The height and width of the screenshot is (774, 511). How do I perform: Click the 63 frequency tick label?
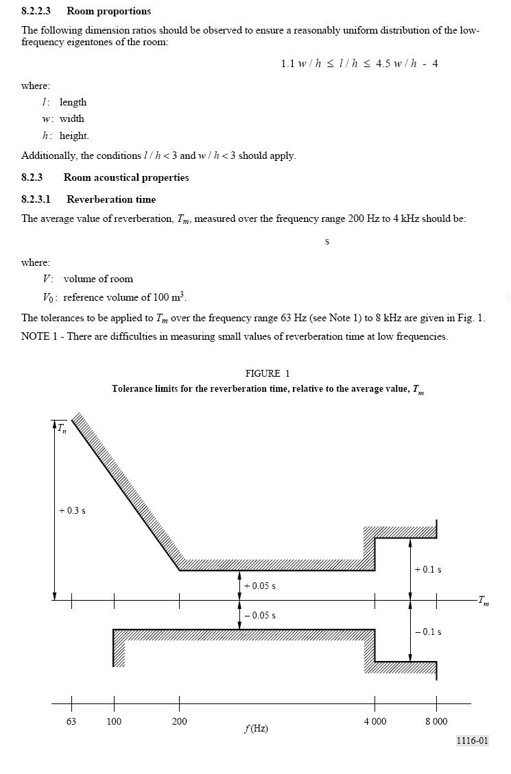[71, 721]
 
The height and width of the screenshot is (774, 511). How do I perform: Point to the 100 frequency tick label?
[114, 721]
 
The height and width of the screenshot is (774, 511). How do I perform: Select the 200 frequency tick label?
[179, 721]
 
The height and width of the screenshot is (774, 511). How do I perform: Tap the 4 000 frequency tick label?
[375, 721]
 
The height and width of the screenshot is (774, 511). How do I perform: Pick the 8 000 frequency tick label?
[436, 721]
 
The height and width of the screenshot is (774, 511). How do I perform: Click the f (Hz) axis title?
[256, 728]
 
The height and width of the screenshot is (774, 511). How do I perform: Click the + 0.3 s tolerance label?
[72, 511]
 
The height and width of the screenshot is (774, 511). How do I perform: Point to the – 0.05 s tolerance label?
[260, 615]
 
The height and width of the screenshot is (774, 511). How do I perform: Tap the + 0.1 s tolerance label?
[428, 569]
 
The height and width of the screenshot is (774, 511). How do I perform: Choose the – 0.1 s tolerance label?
[428, 632]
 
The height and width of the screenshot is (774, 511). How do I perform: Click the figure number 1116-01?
[473, 740]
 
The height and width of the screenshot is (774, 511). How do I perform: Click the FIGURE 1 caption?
[268, 373]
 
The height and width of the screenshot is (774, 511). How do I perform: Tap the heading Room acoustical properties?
[126, 177]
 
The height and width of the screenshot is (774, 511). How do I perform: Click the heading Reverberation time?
[111, 199]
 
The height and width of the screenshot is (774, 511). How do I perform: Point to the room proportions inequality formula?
[359, 64]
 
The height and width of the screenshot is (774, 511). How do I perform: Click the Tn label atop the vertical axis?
[62, 429]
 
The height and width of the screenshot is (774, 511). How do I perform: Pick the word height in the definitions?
[74, 136]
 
